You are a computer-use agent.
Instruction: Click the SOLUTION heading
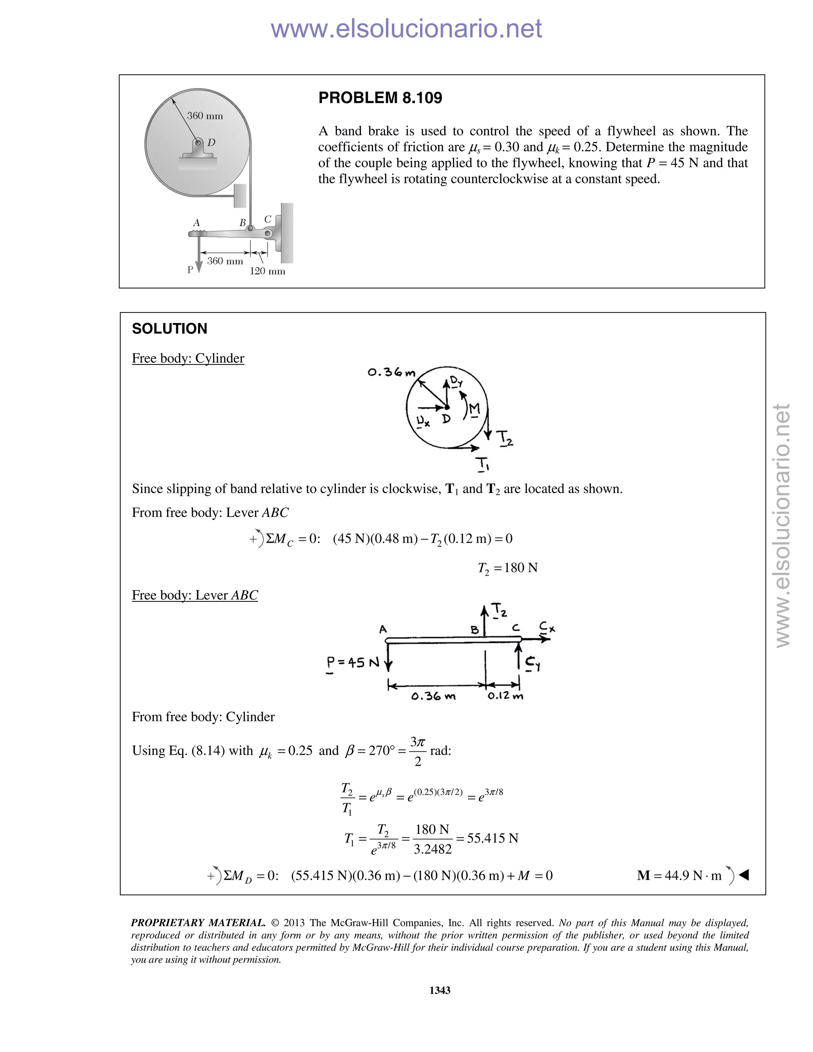170,329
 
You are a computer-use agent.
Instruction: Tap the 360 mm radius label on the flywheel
205,116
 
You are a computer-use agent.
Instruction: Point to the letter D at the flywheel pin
211,143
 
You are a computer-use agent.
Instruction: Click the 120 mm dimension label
267,271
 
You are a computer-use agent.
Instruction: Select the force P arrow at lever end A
198,255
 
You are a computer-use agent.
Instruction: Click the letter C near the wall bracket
268,219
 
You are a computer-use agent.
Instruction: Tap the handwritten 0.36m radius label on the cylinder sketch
391,372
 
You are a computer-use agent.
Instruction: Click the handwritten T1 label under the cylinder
483,464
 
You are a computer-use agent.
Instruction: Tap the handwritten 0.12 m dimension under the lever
505,696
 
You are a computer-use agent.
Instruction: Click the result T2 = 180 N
508,568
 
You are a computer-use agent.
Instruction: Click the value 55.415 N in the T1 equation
492,838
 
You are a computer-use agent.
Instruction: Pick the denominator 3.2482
433,849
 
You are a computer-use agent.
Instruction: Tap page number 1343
440,990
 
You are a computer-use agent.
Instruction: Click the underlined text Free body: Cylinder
188,358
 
